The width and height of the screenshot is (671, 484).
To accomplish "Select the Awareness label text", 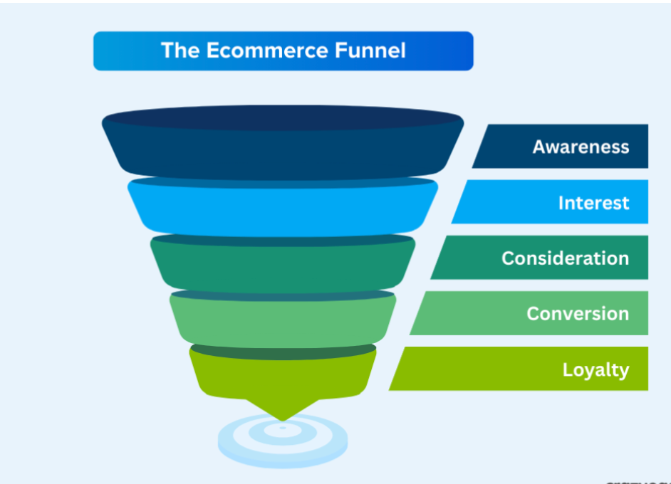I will click(x=581, y=147).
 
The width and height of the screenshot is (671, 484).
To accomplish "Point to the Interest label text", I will click(x=593, y=203).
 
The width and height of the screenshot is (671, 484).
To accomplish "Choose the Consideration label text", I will click(x=565, y=258).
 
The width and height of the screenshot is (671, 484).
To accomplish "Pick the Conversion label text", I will click(x=578, y=314).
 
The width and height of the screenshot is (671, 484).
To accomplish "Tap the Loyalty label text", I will click(x=595, y=370).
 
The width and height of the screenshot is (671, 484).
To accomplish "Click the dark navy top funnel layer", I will click(x=283, y=153).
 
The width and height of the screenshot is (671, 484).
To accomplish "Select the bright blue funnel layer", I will click(x=283, y=210).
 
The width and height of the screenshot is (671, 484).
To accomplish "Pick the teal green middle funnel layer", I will click(x=283, y=267).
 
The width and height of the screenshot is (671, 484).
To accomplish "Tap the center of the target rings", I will click(x=283, y=428).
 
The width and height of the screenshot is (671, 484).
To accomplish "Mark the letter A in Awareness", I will click(x=539, y=147).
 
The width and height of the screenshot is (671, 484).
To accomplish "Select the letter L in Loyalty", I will click(x=567, y=370).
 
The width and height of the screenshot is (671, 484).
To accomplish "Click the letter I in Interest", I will click(x=561, y=203).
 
